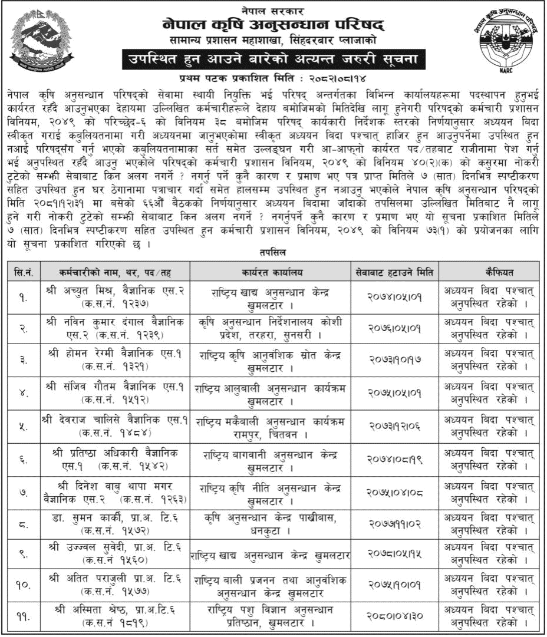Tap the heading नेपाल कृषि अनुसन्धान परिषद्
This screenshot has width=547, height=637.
click(x=273, y=26)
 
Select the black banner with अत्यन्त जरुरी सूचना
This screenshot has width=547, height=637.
click(x=273, y=60)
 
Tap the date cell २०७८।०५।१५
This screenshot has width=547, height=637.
click(x=396, y=555)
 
